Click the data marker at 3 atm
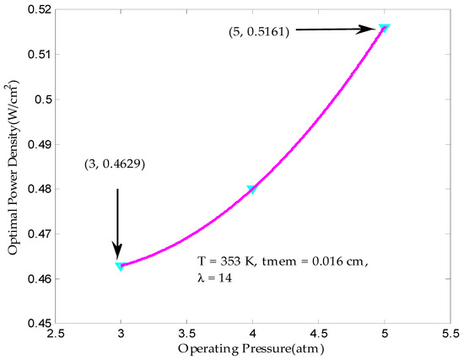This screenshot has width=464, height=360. coord(120,266)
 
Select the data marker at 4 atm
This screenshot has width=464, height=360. coord(251,189)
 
